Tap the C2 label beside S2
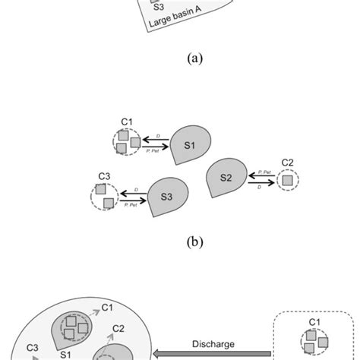pyautogui.click(x=287, y=163)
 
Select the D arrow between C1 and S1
pyautogui.click(x=156, y=137)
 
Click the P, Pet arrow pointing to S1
pyautogui.click(x=156, y=150)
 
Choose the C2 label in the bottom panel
pyautogui.click(x=118, y=330)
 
